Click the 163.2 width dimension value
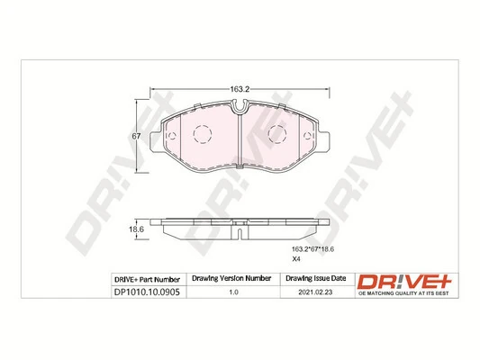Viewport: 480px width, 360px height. pos(238,90)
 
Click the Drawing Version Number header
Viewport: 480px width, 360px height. pos(233,278)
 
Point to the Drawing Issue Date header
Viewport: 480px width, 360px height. pos(315,278)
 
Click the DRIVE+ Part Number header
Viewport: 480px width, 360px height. pos(147,278)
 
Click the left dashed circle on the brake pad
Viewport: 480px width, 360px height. pos(201,137)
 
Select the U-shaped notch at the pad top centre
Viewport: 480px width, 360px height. pos(240,111)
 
